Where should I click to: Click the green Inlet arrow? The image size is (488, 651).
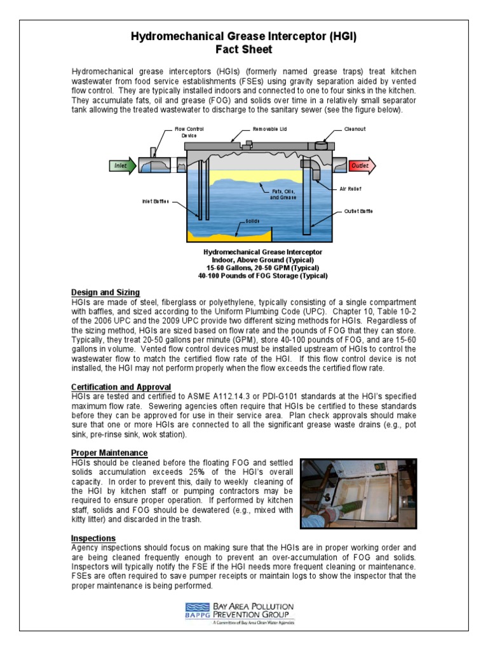tap(122, 166)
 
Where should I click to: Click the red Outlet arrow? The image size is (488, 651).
tap(362, 166)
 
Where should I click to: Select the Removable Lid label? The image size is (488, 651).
tap(270, 129)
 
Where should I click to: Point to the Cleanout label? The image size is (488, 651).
tap(355, 129)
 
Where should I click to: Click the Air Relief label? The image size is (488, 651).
tap(350, 189)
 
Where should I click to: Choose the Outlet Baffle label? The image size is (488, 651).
tap(358, 211)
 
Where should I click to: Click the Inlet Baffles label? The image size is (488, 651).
tap(155, 202)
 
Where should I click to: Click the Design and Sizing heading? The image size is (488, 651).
tap(105, 292)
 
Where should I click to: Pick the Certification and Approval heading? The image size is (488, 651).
tap(121, 387)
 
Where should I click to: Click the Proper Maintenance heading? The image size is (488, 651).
tap(109, 453)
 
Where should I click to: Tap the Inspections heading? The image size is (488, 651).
tap(93, 538)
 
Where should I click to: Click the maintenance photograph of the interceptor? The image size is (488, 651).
tap(358, 493)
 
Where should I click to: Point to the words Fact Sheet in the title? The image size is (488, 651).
tap(244, 50)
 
